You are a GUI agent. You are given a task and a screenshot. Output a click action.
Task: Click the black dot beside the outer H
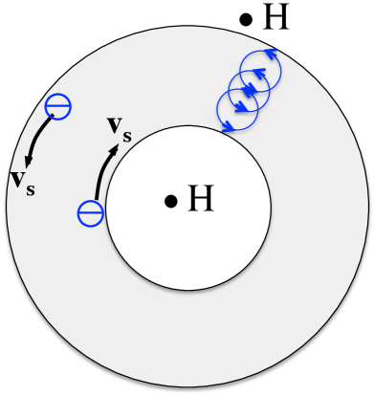tap(247, 17)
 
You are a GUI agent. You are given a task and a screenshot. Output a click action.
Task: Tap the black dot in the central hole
tap(169, 201)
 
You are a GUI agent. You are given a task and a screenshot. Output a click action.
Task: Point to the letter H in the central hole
tap(200, 199)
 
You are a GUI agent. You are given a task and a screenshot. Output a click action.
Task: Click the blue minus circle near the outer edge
tap(59, 106)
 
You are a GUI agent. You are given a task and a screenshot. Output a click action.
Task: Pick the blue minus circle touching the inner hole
tap(90, 212)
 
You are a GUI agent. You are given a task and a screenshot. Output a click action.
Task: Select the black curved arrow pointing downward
tap(36, 144)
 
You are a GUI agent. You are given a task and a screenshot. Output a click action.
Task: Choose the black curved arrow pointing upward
tap(102, 170)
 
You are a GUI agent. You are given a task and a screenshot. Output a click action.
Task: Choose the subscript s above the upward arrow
tap(126, 130)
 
